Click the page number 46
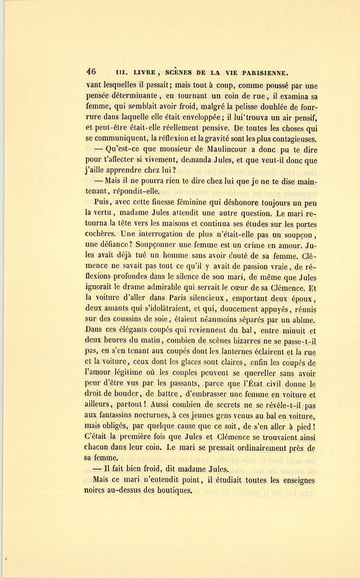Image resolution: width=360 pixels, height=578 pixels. pyautogui.click(x=91, y=72)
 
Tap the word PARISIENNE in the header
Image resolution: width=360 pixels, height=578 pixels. pyautogui.click(x=262, y=73)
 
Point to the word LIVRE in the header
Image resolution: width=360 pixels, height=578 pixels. pyautogui.click(x=144, y=73)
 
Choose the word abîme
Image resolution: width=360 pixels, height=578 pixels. pyautogui.click(x=304, y=320)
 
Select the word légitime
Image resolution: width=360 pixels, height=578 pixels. pyautogui.click(x=137, y=373)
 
